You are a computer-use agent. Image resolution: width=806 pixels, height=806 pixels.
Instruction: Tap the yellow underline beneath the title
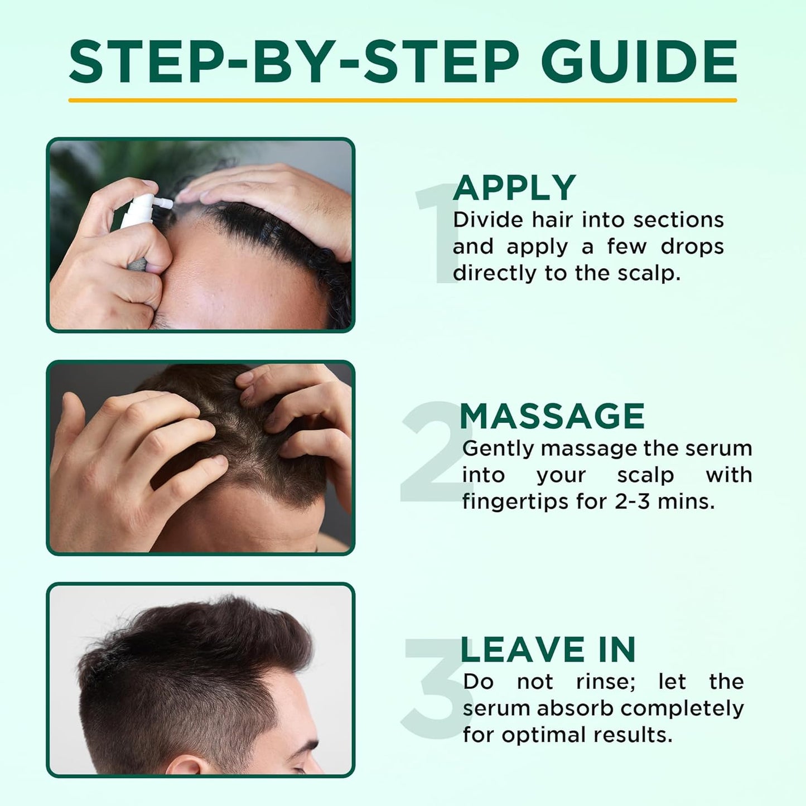pos(402,100)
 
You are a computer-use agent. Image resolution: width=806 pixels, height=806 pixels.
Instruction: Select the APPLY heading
pos(514,188)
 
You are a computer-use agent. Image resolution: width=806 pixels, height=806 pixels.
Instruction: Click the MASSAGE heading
pos(552,416)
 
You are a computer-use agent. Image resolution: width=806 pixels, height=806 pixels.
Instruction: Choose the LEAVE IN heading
pos(548,650)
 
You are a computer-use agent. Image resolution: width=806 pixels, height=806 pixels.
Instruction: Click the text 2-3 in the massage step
pos(633,501)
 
